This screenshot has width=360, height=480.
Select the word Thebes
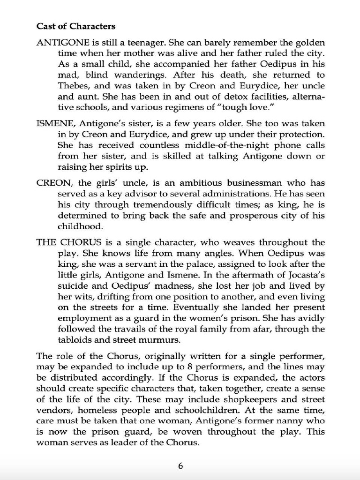tap(73, 86)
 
